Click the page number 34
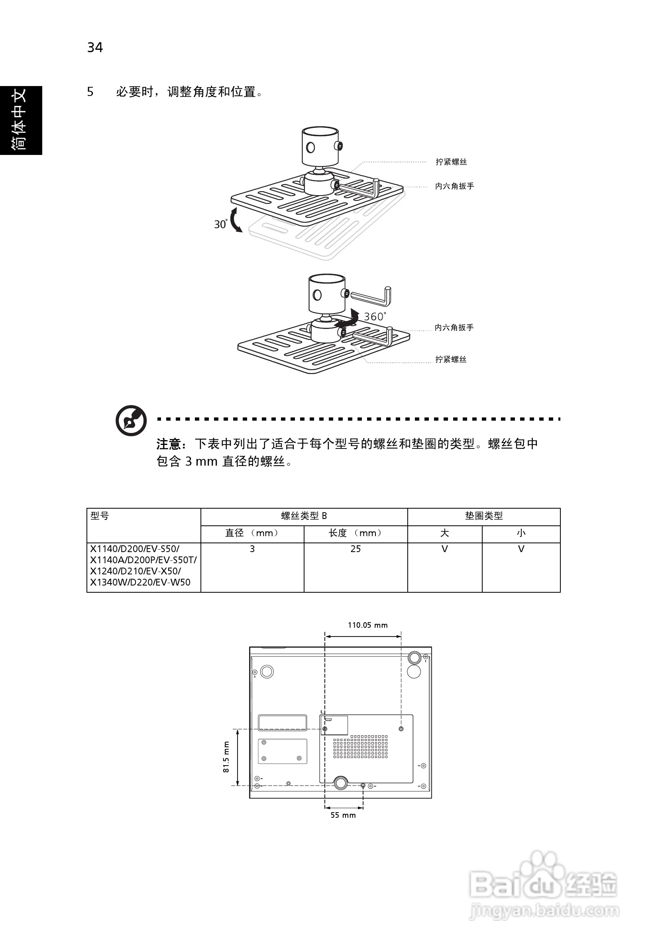[94, 47]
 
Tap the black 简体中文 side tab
[20, 120]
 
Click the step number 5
[90, 92]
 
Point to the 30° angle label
[220, 224]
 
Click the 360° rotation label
[375, 317]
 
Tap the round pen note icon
[131, 420]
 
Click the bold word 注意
[169, 444]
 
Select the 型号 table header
[100, 516]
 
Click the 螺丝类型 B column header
[304, 516]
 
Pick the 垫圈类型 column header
[484, 516]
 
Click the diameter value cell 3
[252, 549]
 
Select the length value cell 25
[355, 549]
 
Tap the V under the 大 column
[444, 549]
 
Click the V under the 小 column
[521, 549]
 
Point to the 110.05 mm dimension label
[367, 625]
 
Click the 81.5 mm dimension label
[226, 757]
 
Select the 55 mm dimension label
[343, 815]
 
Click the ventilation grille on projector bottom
[360, 746]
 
